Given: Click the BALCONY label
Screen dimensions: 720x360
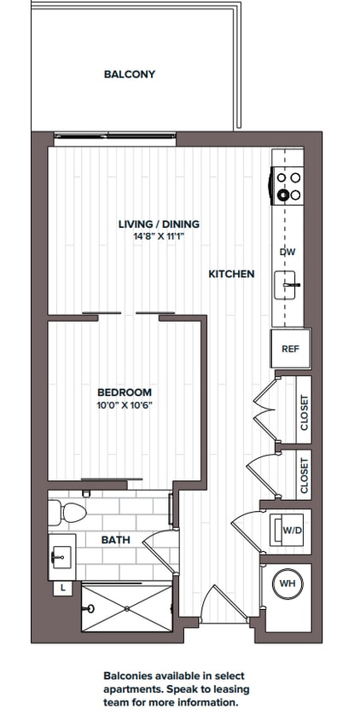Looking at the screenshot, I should tap(130, 74).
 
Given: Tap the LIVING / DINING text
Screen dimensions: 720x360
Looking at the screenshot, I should tap(159, 224).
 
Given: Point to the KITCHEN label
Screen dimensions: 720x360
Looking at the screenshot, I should tap(232, 275).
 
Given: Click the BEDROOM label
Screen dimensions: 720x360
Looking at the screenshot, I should tap(125, 392).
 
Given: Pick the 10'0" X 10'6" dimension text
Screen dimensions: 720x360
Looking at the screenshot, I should tap(125, 405).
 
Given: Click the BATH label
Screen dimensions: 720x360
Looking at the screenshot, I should tap(116, 540).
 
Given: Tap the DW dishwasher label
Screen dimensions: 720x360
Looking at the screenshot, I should tap(287, 253).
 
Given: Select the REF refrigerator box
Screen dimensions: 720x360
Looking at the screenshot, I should tap(290, 349).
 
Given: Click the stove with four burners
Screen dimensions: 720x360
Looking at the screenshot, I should tap(288, 186).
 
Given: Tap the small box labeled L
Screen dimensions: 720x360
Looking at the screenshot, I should tap(64, 589).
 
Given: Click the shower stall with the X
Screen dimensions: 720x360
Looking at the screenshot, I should tap(126, 608).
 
